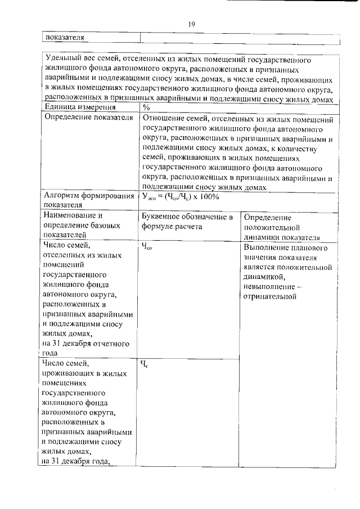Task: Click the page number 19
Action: pyautogui.click(x=191, y=24)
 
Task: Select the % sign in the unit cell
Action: pyautogui.click(x=146, y=108)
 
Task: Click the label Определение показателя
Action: pyautogui.click(x=88, y=118)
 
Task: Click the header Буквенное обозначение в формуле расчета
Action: pyautogui.click(x=187, y=222)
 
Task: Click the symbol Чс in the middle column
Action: pyautogui.click(x=145, y=364)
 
